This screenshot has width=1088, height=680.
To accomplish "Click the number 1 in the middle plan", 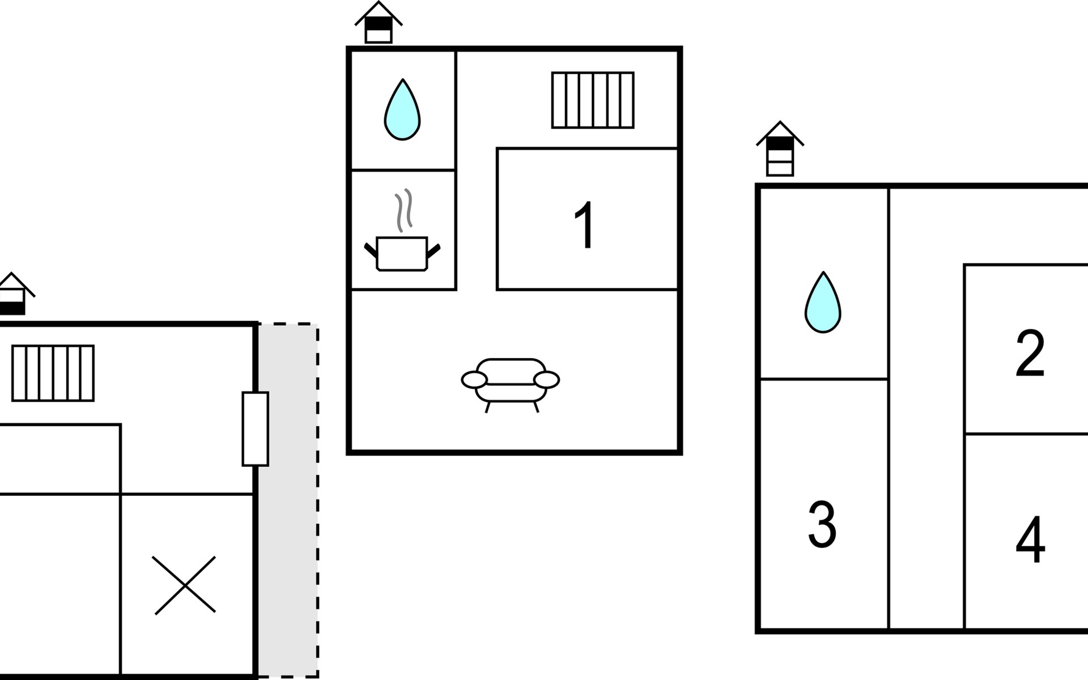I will (x=584, y=225).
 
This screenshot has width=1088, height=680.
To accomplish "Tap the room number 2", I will (x=1030, y=354).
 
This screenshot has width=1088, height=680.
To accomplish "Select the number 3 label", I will (x=822, y=524).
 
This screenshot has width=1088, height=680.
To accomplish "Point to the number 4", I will (x=1030, y=539).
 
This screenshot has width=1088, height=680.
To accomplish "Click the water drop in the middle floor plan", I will (x=402, y=110).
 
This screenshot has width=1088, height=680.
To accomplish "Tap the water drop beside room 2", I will (x=823, y=303).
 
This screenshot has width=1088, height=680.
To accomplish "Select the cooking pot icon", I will (x=402, y=253).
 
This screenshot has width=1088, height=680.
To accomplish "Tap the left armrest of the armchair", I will (x=474, y=380).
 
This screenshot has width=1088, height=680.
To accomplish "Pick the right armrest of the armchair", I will (x=547, y=380).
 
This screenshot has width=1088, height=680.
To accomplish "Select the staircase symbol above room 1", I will (x=593, y=100).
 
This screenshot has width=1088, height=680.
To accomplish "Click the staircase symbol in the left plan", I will (x=53, y=373).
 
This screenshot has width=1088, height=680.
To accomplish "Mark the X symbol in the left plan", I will (x=185, y=585).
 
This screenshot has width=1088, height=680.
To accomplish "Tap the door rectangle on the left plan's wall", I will (x=255, y=429).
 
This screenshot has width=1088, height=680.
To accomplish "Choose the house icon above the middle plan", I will (x=379, y=24).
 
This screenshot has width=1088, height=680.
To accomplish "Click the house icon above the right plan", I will (x=780, y=150).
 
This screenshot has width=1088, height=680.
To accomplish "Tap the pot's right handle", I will (x=433, y=250).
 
